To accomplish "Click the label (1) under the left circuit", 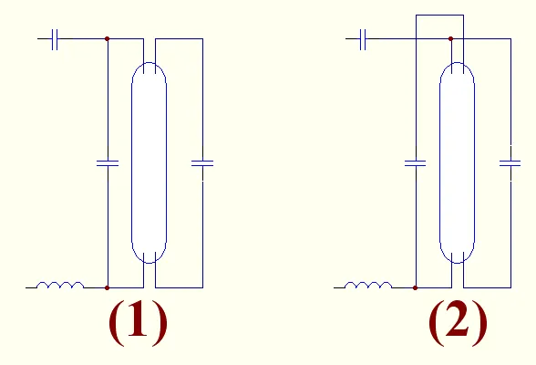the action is pos(139,323).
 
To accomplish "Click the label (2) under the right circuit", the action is pos(458,323).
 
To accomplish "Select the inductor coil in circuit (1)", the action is pos(60,285).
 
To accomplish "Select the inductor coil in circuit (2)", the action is pos(368,285).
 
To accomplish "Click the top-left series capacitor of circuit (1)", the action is pos(55,39).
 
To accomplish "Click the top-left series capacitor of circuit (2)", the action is pos(363,39).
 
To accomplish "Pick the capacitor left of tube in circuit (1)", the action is pos(108,163).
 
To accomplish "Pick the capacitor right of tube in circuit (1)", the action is pos(202,163).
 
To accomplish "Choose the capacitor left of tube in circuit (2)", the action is pos(416,163).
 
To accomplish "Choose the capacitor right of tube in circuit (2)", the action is pos(510,163).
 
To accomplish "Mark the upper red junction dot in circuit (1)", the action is pos(107,38).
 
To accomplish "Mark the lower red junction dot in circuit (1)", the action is pos(107,287).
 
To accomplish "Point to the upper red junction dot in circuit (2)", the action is pos(451,38).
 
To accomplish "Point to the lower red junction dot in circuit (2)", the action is pos(416,287).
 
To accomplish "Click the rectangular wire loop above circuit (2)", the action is pos(439,15).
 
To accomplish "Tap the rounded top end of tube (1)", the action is pos(149,63).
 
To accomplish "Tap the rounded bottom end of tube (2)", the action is pos(457,263).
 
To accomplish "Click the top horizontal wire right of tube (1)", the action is pos(179,38).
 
